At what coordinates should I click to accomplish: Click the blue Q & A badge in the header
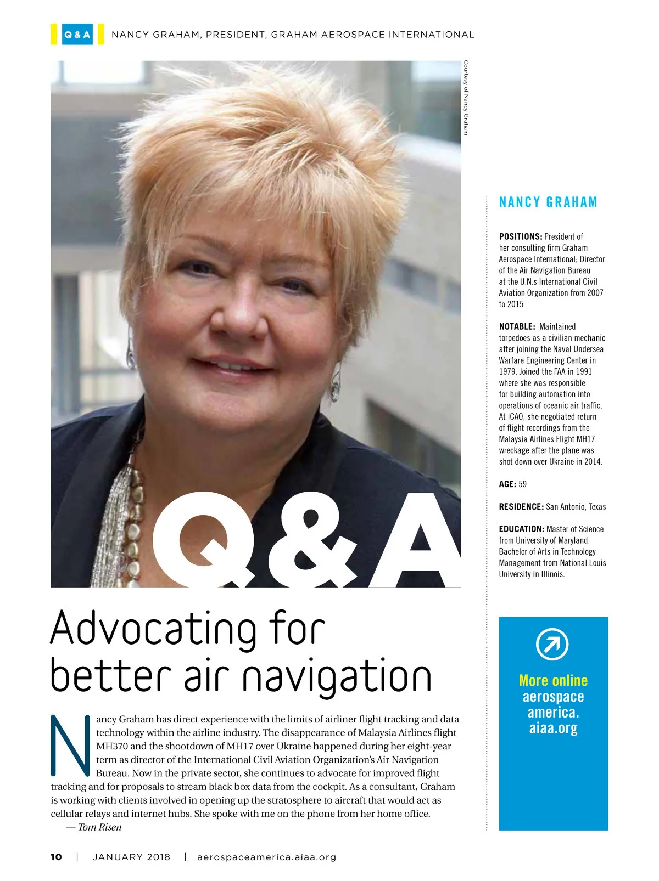(77, 35)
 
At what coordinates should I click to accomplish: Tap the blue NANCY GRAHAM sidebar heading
(548, 202)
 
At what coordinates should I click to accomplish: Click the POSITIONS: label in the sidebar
(520, 236)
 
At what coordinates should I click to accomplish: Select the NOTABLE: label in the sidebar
(517, 326)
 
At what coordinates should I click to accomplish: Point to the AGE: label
(507, 484)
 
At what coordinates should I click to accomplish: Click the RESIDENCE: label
(521, 506)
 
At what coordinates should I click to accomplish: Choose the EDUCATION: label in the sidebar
(521, 529)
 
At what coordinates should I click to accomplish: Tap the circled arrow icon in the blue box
(552, 644)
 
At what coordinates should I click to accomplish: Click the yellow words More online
(553, 680)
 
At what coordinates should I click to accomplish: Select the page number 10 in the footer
(56, 857)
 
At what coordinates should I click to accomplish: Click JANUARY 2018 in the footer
(131, 857)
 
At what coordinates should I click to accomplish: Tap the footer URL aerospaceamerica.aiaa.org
(266, 857)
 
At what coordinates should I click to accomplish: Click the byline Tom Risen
(99, 827)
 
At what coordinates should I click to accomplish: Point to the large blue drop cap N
(70, 745)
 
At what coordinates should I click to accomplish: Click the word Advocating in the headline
(153, 629)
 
